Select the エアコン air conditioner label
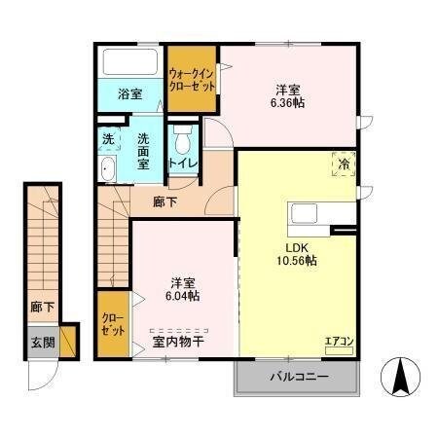click(x=340, y=342)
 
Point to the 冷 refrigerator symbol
click(x=343, y=164)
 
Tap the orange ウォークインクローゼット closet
click(x=193, y=79)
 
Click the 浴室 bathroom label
click(x=130, y=94)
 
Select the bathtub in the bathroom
click(x=130, y=63)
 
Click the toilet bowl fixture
click(x=182, y=137)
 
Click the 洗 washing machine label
click(x=108, y=139)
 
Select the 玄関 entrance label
click(x=42, y=342)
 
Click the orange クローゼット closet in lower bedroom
click(x=113, y=324)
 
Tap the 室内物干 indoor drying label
click(x=178, y=342)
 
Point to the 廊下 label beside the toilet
click(x=165, y=202)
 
